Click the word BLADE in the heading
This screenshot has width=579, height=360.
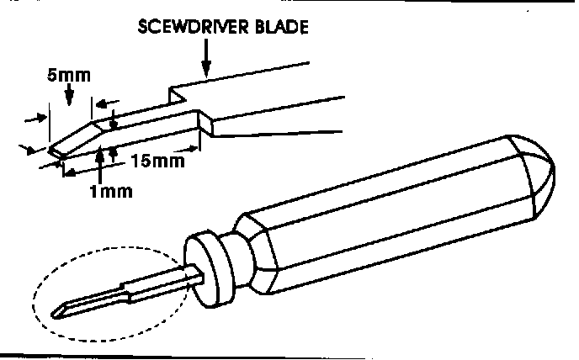tap(279, 27)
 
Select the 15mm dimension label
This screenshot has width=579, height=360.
tap(157, 160)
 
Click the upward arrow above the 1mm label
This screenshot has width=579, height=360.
tap(100, 163)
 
